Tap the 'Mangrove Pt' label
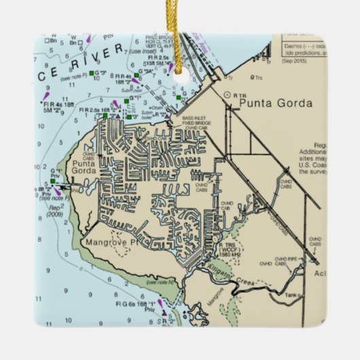point(108,241)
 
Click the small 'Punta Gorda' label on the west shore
point(84,167)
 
